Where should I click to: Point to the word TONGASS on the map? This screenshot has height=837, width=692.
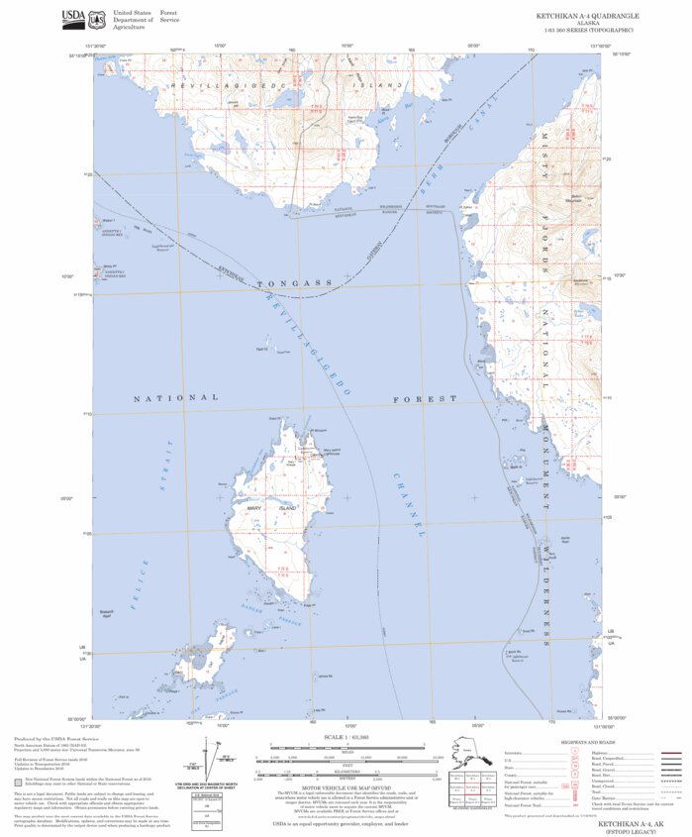click(x=294, y=284)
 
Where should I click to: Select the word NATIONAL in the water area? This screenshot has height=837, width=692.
click(x=175, y=397)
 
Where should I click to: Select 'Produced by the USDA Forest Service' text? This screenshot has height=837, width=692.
click(x=49, y=740)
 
